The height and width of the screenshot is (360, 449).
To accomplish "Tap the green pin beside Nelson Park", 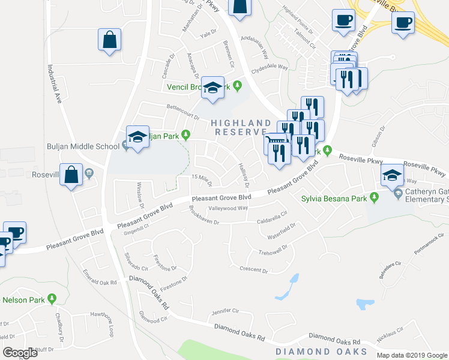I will click(x=52, y=298).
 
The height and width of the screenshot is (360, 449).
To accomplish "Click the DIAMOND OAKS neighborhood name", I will click(x=321, y=351).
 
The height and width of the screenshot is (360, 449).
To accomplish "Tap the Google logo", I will click(x=20, y=353).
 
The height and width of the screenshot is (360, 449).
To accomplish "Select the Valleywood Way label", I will click(x=228, y=208).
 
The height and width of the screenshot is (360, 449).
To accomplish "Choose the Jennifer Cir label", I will click(x=225, y=312).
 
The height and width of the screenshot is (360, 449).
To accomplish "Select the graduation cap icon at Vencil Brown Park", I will click(x=212, y=88).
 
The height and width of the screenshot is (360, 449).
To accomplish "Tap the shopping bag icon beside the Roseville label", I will click(x=71, y=175).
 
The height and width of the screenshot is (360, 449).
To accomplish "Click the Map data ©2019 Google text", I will click(x=412, y=355).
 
